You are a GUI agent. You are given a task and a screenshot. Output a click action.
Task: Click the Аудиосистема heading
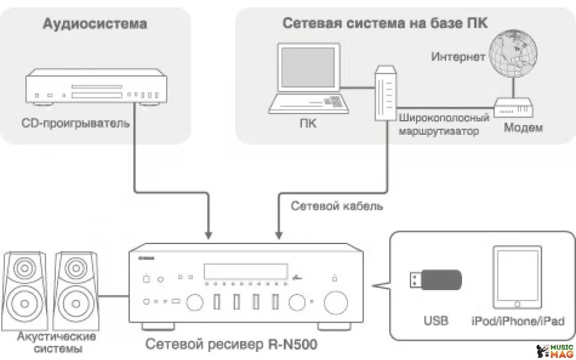(94, 24)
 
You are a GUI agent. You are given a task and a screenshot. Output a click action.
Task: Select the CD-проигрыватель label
(75, 123)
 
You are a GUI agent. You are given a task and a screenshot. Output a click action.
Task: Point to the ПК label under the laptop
(308, 123)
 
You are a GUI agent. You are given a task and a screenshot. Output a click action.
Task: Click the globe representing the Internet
(513, 52)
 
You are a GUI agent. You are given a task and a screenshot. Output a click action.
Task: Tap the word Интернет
(458, 57)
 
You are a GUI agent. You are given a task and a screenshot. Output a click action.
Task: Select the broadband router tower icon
(384, 93)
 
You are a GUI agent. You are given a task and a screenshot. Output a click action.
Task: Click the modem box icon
(513, 109)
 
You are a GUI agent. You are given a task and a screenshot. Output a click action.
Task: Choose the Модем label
(523, 128)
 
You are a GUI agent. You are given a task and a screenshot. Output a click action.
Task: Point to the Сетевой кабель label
(336, 206)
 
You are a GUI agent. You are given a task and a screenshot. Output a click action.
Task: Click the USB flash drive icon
(435, 280)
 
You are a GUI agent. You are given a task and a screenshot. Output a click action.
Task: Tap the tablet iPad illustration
(518, 277)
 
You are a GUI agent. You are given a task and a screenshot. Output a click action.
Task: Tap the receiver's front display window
(246, 271)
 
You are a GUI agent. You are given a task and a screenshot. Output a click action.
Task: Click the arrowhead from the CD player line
(209, 234)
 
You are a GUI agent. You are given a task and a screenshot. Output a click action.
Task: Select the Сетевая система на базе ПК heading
(385, 23)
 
